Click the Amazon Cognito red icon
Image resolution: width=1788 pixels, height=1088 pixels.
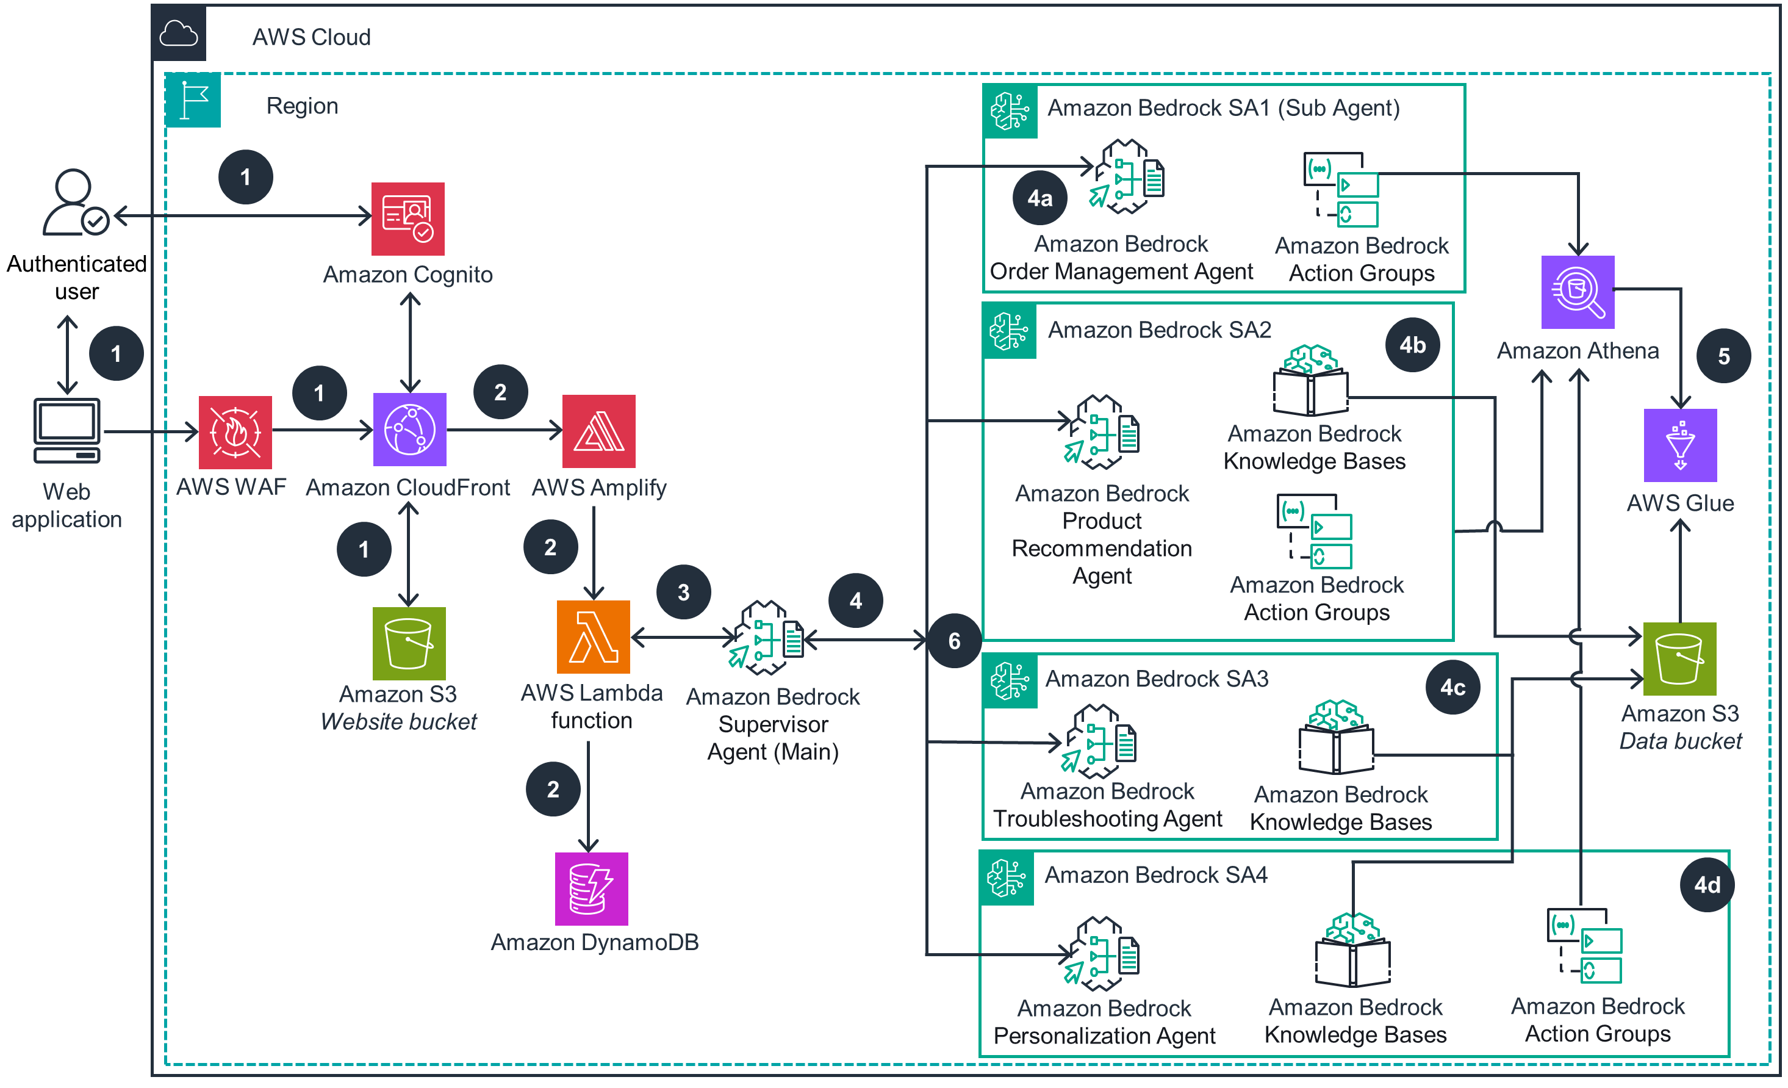click(408, 218)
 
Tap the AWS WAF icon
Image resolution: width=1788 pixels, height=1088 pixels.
click(235, 432)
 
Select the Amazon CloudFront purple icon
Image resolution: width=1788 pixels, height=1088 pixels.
click(409, 429)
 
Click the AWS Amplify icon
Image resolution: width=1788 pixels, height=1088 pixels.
click(598, 431)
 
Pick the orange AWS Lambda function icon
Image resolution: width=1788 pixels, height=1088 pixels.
click(593, 636)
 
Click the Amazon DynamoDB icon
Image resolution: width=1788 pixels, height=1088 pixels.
click(591, 888)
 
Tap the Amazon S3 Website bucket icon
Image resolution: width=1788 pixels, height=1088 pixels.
click(409, 643)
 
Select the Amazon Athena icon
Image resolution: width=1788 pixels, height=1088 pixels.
click(1578, 292)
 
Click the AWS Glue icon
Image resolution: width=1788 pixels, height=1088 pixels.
click(1680, 445)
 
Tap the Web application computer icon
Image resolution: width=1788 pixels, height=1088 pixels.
click(66, 430)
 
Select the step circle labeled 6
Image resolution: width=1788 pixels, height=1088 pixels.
click(954, 641)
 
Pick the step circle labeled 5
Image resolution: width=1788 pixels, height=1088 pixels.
click(1723, 356)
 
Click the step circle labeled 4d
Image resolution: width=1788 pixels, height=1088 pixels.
click(1707, 885)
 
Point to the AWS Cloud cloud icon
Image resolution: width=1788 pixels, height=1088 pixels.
click(179, 34)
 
